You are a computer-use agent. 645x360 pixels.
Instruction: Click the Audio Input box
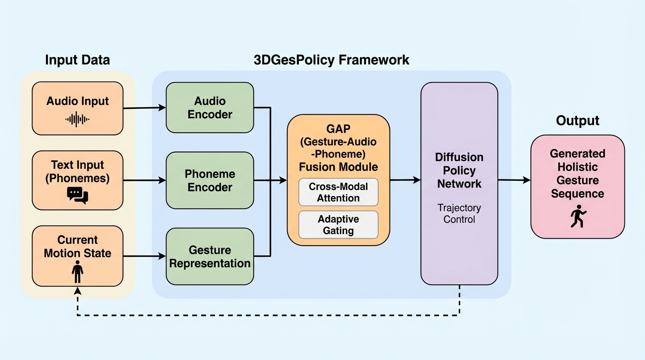click(77, 108)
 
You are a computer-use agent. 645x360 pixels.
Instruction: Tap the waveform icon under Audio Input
click(77, 120)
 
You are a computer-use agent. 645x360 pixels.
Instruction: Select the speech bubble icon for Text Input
click(77, 195)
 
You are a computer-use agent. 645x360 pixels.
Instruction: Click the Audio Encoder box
click(210, 108)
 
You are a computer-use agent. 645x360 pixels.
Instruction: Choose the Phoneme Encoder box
click(210, 180)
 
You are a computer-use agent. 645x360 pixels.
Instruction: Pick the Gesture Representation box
click(210, 256)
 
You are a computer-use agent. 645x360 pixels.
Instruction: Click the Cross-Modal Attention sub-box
click(338, 192)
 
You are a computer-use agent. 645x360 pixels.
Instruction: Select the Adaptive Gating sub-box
click(338, 225)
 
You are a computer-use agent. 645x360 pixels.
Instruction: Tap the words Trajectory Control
click(459, 213)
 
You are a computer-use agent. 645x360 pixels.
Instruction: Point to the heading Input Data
click(77, 60)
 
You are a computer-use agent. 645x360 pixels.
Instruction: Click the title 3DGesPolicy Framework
click(331, 60)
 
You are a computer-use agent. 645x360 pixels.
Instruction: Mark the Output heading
click(577, 120)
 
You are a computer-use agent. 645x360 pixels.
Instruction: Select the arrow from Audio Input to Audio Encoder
click(144, 108)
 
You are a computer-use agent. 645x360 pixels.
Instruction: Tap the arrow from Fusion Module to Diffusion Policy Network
click(405, 180)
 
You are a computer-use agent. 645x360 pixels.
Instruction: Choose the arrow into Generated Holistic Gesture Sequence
click(514, 180)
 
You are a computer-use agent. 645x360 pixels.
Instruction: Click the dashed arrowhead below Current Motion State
click(78, 291)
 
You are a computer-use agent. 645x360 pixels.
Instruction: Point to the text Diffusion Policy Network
click(459, 170)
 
